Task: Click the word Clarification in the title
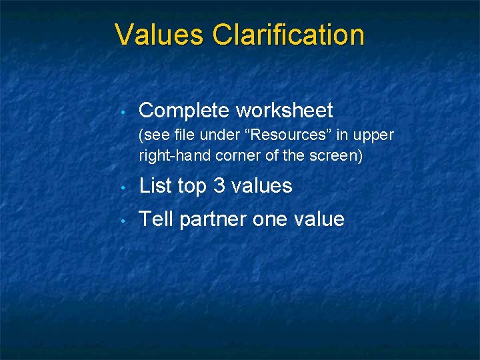[288, 35]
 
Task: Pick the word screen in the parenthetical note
[337, 157]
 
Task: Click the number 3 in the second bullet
[219, 185]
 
